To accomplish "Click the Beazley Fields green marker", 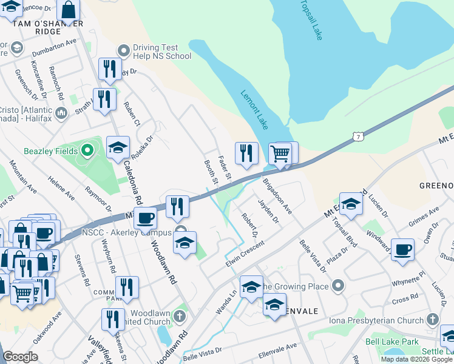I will (86, 150).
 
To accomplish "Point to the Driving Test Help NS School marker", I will (124, 50).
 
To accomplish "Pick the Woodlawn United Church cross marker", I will (179, 315).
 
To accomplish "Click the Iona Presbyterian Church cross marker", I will (432, 319).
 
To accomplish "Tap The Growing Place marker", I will (339, 284).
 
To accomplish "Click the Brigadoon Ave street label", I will (277, 195).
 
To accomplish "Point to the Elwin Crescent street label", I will (245, 254).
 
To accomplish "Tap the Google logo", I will (21, 357).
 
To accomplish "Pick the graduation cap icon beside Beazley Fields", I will (118, 147).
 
